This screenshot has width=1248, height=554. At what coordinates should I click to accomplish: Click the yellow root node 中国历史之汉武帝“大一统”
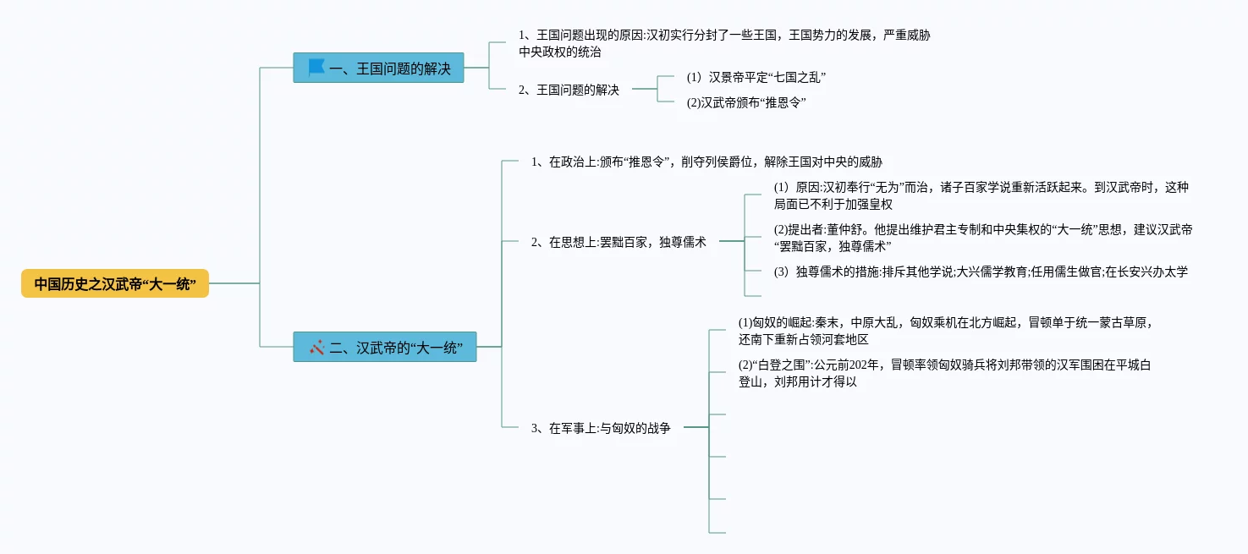(x=115, y=284)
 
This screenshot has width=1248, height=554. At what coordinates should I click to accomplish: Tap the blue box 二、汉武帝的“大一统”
(x=385, y=347)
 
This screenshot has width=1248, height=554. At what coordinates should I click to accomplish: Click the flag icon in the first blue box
(x=316, y=67)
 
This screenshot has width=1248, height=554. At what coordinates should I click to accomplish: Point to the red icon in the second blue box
(x=317, y=347)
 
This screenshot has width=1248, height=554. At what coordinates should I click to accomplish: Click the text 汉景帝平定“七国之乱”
(x=756, y=77)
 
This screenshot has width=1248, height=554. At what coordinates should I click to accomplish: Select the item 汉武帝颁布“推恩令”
(x=746, y=102)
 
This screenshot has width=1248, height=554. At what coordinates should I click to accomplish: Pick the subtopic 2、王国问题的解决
(x=569, y=89)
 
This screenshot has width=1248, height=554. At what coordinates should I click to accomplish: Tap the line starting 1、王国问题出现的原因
(x=725, y=36)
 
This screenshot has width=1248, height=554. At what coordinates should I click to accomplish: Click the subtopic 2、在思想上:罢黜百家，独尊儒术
(x=619, y=242)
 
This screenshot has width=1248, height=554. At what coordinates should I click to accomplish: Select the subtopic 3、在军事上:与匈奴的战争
(x=601, y=428)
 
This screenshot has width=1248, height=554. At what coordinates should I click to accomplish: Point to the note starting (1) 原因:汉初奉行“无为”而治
(x=981, y=187)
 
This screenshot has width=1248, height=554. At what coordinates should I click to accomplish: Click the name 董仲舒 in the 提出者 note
(x=837, y=229)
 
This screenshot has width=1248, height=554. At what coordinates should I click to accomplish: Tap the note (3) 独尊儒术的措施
(x=980, y=272)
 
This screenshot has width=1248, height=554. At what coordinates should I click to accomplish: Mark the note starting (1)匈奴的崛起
(x=945, y=322)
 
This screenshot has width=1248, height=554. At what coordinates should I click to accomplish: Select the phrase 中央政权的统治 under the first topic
(x=559, y=52)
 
